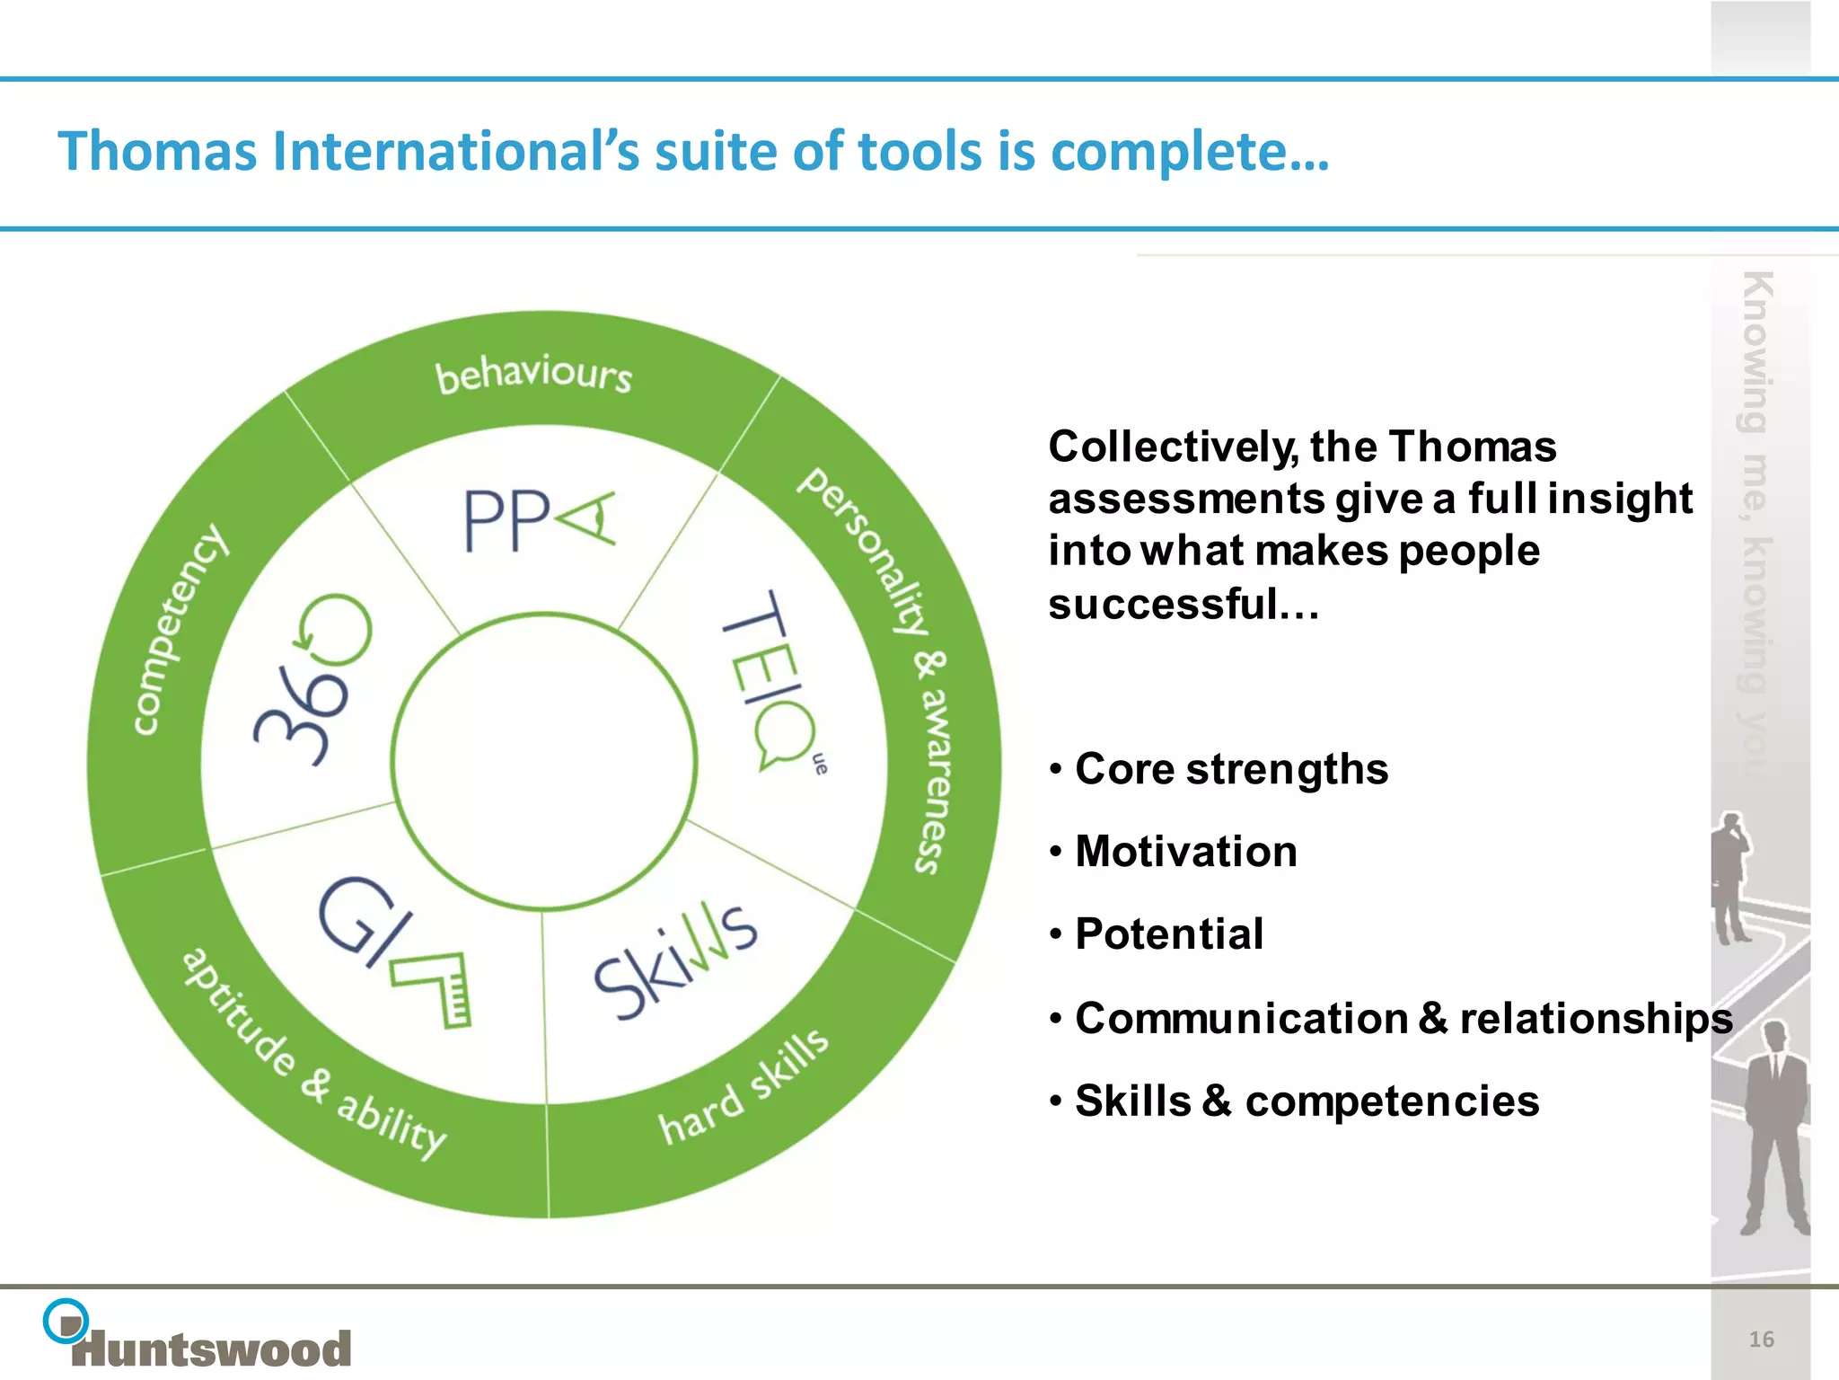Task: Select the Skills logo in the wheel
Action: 675,961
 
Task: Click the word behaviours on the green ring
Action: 533,375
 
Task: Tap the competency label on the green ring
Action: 180,629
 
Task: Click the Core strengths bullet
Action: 1230,769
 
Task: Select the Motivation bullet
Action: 1185,852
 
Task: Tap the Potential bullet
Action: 1169,934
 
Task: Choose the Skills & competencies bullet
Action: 1307,1101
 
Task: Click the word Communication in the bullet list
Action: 1241,1019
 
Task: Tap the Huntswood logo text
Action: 212,1349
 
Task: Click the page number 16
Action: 1761,1340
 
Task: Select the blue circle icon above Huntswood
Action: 66,1321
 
